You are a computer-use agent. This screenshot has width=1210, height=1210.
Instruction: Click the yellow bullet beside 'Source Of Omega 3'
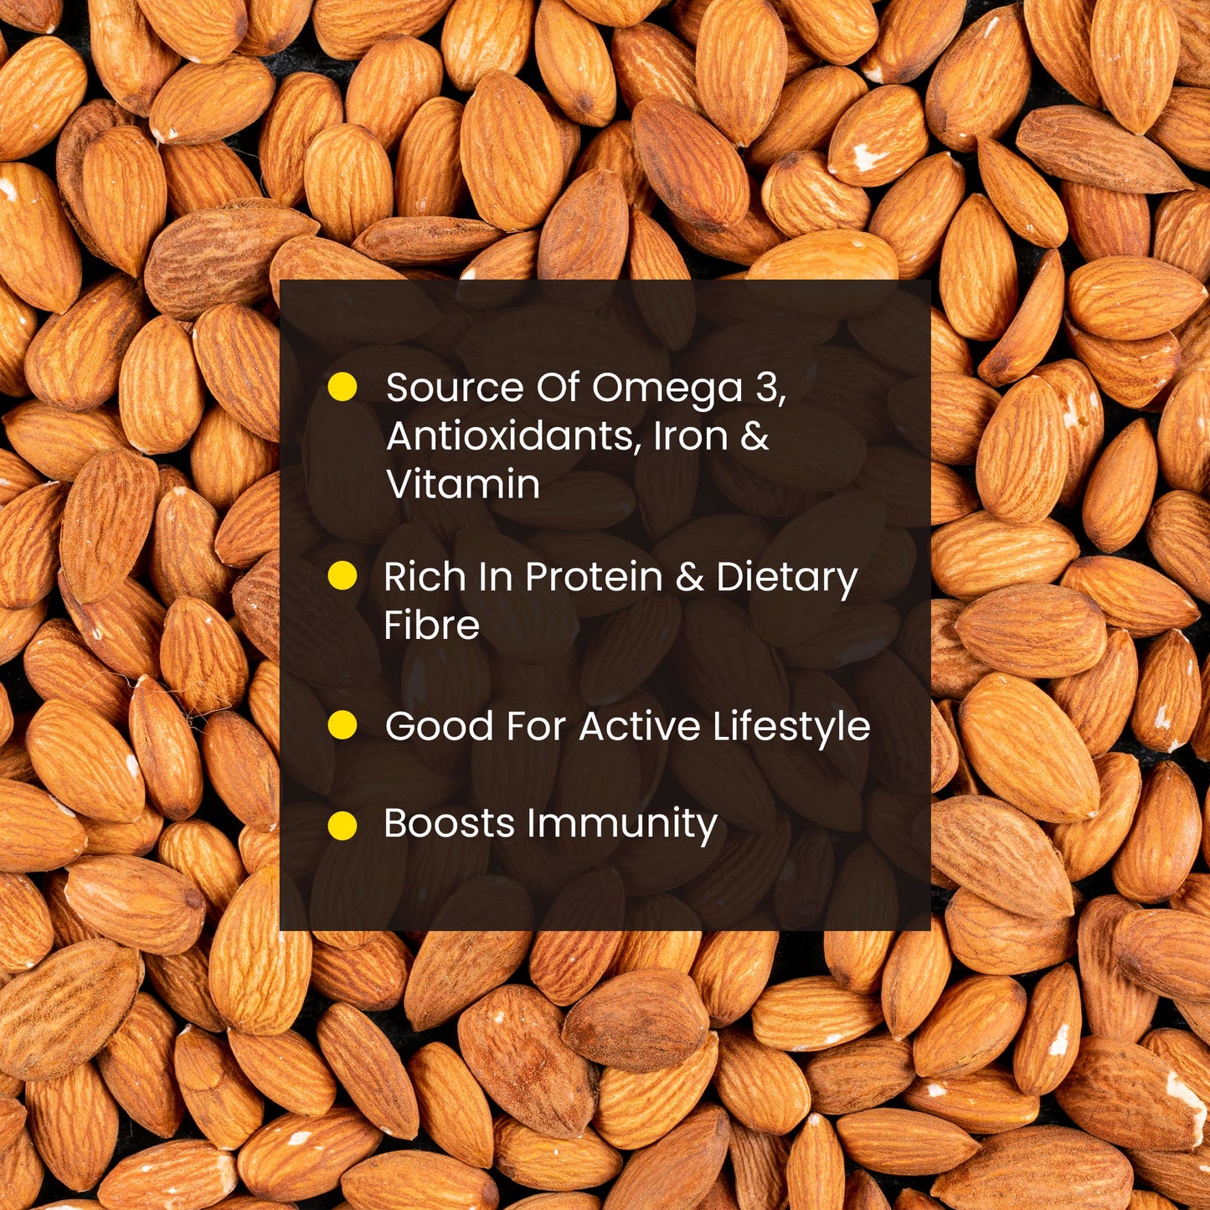[342, 387]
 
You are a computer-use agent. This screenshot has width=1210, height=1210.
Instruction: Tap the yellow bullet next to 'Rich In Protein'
[342, 576]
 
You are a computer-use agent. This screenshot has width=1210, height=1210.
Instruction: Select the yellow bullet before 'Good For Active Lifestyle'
[342, 725]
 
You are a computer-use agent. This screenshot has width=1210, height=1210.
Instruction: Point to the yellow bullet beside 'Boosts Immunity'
[342, 825]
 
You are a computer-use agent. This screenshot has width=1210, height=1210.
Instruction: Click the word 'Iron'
[691, 435]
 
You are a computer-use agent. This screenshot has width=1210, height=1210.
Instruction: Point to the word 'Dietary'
[787, 579]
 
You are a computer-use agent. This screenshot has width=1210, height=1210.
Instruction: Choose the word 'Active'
[639, 727]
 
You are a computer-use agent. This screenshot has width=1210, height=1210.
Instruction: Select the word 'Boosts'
[449, 824]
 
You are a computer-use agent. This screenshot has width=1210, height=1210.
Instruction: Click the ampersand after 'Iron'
[754, 435]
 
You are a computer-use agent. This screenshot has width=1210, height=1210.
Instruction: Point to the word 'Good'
[439, 727]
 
